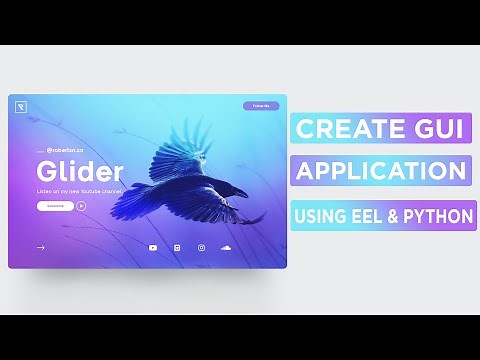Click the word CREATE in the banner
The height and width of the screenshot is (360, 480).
pos(346,129)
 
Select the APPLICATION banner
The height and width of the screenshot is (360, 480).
pos(382,170)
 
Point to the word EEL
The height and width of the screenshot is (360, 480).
pos(363,214)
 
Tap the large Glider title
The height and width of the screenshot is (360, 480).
pos(80,170)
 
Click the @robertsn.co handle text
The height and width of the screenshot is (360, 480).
pos(64,149)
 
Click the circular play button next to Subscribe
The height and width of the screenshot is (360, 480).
pos(81,206)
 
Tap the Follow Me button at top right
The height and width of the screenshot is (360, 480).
pos(261,105)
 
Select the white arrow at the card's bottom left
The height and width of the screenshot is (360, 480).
pos(41,247)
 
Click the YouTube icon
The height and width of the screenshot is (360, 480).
pos(153,247)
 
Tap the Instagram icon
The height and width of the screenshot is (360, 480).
pos(201,247)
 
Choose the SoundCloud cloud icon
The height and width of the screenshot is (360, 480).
pos(225,247)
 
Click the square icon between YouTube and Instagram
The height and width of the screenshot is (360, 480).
pos(177,247)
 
